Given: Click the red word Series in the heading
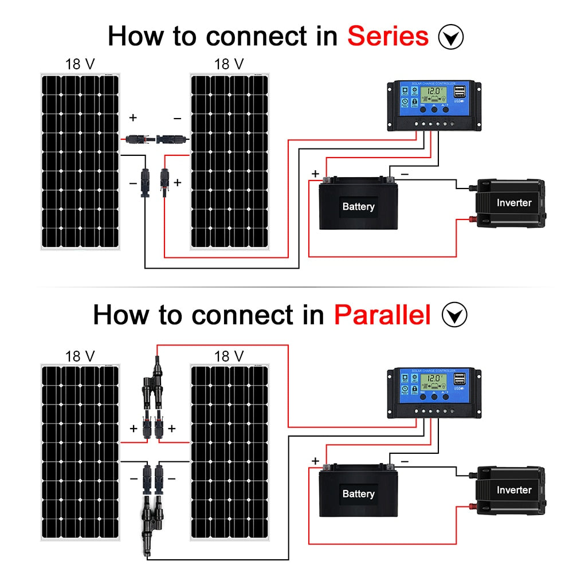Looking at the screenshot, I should (x=388, y=36).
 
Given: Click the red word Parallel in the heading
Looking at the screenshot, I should (x=382, y=315).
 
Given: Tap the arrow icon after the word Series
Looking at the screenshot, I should (x=450, y=37).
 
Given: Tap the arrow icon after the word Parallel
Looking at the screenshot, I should (x=454, y=315).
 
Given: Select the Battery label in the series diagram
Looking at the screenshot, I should (x=358, y=206).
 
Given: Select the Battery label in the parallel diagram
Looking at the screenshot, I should (x=358, y=493).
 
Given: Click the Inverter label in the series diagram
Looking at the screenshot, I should (x=514, y=202).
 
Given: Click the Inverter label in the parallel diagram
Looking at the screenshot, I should (x=514, y=490).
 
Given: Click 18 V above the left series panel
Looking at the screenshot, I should (x=80, y=64).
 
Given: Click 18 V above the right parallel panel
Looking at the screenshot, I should (x=229, y=356).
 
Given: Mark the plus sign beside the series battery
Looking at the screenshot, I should (x=315, y=174).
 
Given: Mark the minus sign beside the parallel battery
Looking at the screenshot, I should (x=405, y=461).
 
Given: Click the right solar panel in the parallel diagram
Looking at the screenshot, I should (x=229, y=453).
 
